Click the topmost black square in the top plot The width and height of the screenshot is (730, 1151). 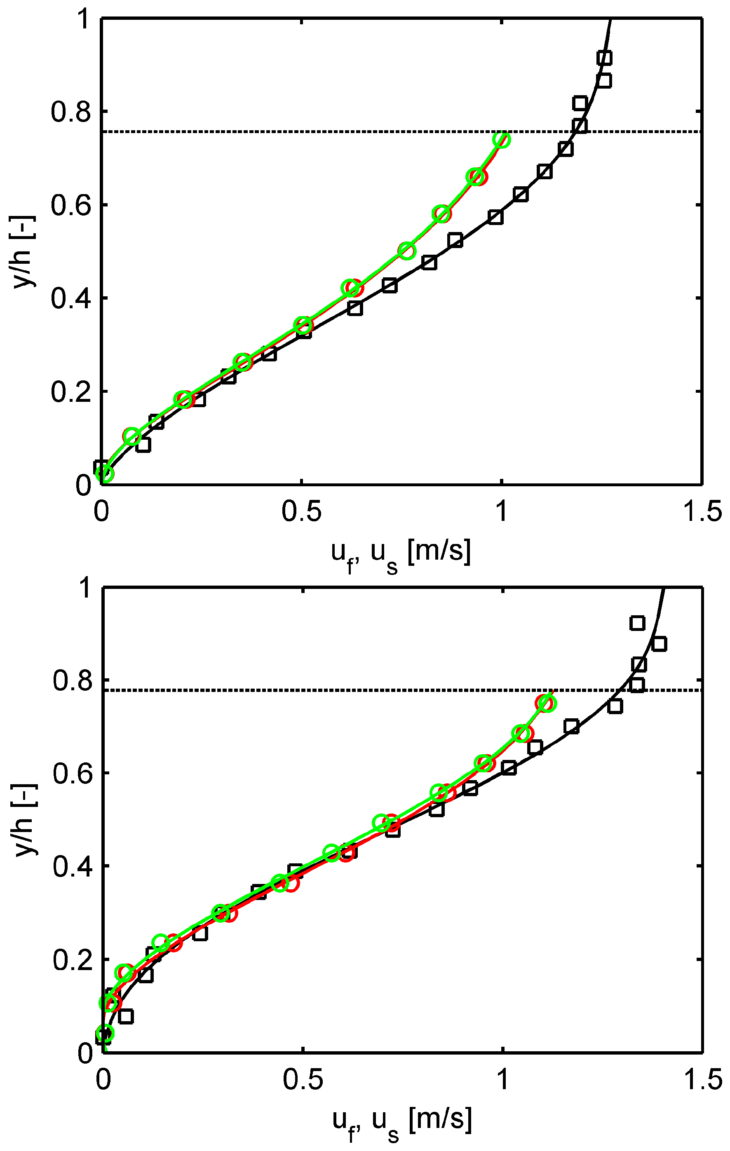point(604,59)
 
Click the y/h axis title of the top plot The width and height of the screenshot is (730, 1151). point(23,251)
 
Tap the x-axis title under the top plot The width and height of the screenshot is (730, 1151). point(401,554)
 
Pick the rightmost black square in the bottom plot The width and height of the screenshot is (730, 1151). point(659,644)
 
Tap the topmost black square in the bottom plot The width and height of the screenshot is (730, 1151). point(637,623)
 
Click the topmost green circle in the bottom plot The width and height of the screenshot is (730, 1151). point(547,703)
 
